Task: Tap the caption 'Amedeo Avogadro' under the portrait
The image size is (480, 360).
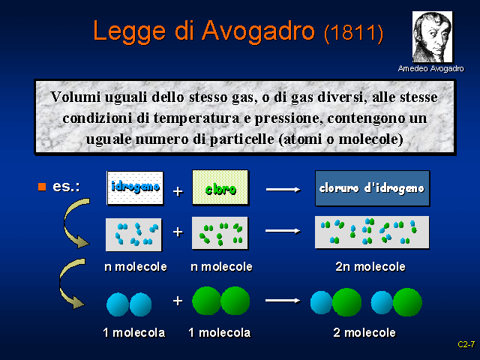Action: (x=430, y=68)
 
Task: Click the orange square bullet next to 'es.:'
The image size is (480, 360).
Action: (x=42, y=185)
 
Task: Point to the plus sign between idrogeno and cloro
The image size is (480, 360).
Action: (x=178, y=191)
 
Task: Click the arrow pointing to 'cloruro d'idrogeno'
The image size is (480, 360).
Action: (x=283, y=189)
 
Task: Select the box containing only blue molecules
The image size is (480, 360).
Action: (x=135, y=233)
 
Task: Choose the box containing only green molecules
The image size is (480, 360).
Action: (x=220, y=233)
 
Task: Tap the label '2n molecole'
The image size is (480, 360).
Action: (x=370, y=267)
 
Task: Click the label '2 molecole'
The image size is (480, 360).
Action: (x=364, y=332)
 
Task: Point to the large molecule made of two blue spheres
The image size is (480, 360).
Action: (x=130, y=304)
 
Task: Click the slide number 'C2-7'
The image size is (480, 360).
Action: (x=466, y=344)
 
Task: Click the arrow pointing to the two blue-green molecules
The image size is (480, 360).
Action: (x=283, y=301)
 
